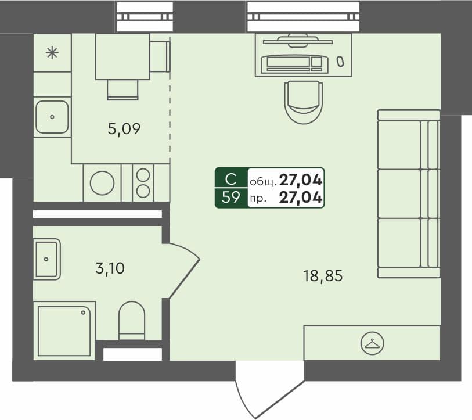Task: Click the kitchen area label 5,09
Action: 124,129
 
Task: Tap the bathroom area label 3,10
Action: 110,268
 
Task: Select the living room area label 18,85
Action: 323,276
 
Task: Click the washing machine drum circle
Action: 103,183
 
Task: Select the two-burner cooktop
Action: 143,182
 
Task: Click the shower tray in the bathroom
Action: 64,330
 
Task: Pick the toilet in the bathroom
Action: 132,321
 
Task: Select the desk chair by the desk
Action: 303,102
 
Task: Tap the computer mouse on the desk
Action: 340,60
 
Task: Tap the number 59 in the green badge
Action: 230,198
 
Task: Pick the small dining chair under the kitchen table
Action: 122,89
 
